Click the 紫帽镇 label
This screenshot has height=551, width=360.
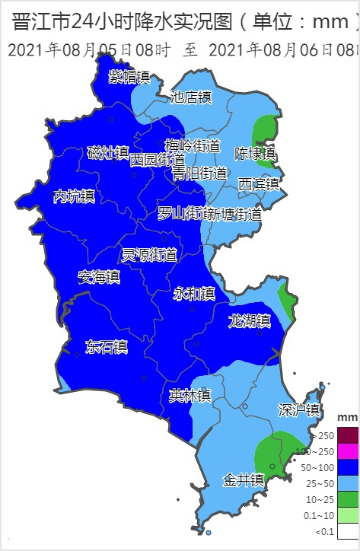click(x=129, y=77)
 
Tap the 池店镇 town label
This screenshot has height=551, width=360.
click(x=191, y=97)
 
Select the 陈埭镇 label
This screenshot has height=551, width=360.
click(x=255, y=153)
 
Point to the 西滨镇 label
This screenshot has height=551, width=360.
click(x=259, y=183)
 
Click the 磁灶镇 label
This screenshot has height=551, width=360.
click(x=107, y=152)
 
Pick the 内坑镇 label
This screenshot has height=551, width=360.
click(x=74, y=196)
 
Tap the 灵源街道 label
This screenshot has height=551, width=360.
click(x=149, y=254)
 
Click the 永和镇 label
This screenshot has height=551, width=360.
click(x=194, y=293)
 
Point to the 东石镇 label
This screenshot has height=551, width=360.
click(x=107, y=347)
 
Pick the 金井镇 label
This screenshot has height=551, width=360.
click(x=244, y=480)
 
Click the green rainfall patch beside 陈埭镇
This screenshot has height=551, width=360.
click(x=266, y=130)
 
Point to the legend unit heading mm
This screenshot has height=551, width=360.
click(x=347, y=418)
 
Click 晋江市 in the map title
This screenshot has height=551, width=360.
click(x=43, y=22)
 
